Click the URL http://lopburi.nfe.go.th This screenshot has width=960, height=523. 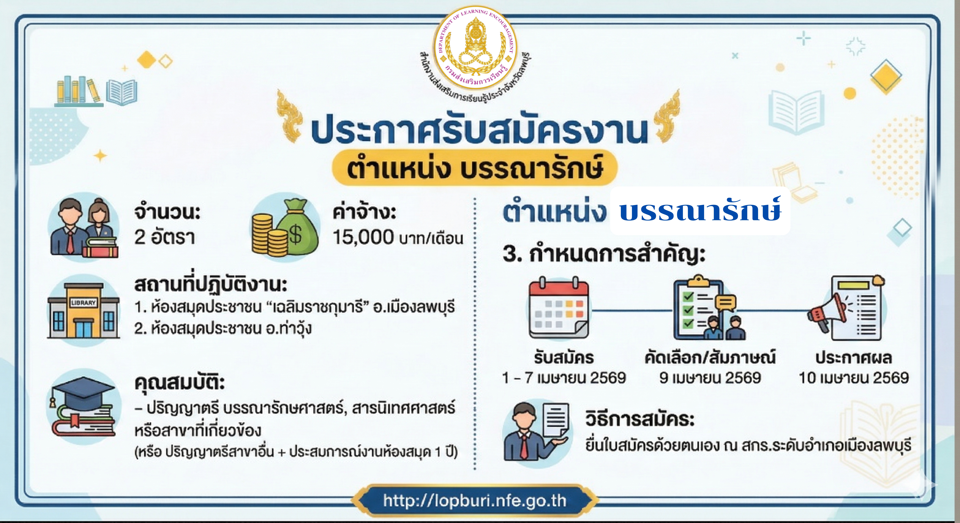(x=474, y=501)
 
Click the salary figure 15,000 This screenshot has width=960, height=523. (x=363, y=237)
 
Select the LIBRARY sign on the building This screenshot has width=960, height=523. (x=83, y=303)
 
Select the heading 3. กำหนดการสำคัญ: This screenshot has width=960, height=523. (x=604, y=255)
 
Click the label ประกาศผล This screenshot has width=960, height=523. (x=853, y=358)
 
